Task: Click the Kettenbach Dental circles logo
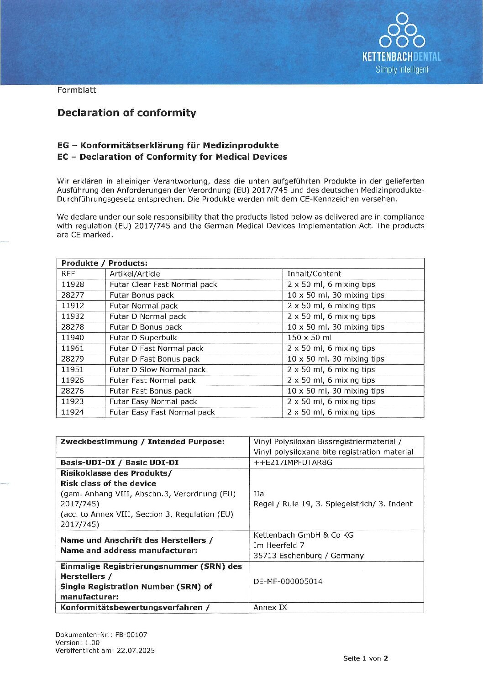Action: coord(402,31)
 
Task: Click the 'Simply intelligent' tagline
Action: coord(402,70)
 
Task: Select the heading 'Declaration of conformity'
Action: coord(126,113)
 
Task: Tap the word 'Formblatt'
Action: coord(76,90)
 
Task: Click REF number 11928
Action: coord(73,284)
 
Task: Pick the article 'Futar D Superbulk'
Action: coord(143,338)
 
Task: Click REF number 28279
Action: coord(73,359)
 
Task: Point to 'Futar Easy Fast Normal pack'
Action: coord(162,412)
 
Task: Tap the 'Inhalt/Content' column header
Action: coord(314,274)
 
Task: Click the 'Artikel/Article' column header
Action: coord(135,274)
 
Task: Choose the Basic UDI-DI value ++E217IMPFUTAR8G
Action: coord(293,462)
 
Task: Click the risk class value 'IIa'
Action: coord(258,494)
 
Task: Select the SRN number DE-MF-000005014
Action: coord(288,581)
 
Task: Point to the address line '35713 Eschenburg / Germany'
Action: coord(309,556)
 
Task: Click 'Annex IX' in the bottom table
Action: coord(270,608)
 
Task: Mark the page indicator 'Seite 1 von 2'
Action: coord(365,658)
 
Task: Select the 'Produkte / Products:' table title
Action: coord(104,263)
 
